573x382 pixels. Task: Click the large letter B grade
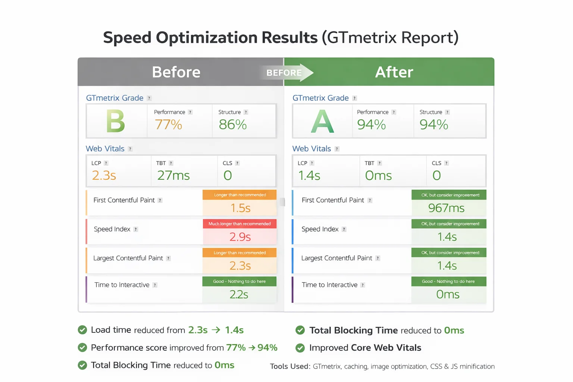[116, 121]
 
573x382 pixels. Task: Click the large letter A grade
[322, 122]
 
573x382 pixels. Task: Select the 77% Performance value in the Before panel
[168, 125]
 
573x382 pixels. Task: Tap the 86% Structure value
[233, 125]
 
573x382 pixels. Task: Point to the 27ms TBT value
[173, 175]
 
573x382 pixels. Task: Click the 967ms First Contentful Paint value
[447, 208]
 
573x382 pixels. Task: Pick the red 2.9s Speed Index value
[240, 237]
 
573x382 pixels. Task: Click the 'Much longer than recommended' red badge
[239, 224]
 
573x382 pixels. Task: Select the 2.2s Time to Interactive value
[239, 294]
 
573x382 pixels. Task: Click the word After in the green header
[394, 72]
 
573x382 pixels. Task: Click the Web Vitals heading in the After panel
[311, 149]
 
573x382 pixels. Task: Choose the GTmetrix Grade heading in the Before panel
[115, 98]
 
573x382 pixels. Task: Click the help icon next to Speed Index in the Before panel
[136, 229]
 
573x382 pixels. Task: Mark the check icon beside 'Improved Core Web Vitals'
[300, 348]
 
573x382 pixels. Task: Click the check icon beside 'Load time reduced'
[82, 330]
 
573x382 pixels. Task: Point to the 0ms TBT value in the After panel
[378, 175]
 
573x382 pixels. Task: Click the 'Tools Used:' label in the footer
[290, 366]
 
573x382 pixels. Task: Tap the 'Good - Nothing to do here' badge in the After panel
[448, 282]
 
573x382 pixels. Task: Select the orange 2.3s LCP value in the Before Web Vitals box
[104, 175]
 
